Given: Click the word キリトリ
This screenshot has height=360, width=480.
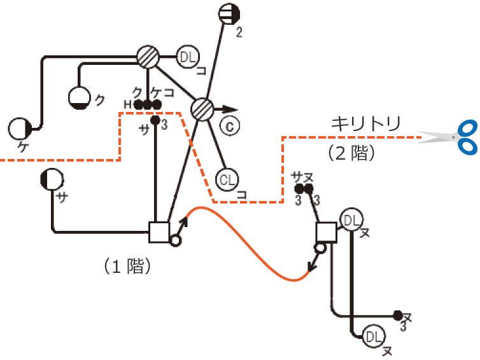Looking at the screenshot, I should point(365,123).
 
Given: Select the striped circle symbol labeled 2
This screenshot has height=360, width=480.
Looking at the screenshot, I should point(227,13).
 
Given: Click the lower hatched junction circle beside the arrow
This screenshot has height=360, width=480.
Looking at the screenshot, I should point(202,109).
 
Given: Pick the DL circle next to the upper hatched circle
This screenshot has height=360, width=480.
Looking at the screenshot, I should point(187,57).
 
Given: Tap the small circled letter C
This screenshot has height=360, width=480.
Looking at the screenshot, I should point(229,126).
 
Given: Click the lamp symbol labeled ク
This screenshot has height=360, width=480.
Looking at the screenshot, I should point(80,97).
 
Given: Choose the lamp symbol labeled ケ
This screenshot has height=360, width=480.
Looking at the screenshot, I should point(20,129).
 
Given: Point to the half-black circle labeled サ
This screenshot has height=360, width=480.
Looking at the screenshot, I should point(51,181).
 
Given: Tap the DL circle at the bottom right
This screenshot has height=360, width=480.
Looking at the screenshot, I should point(374,335).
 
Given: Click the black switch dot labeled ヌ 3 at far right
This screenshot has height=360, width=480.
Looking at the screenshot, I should point(398,315).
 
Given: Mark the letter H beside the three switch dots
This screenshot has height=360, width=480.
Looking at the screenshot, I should point(127,104).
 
